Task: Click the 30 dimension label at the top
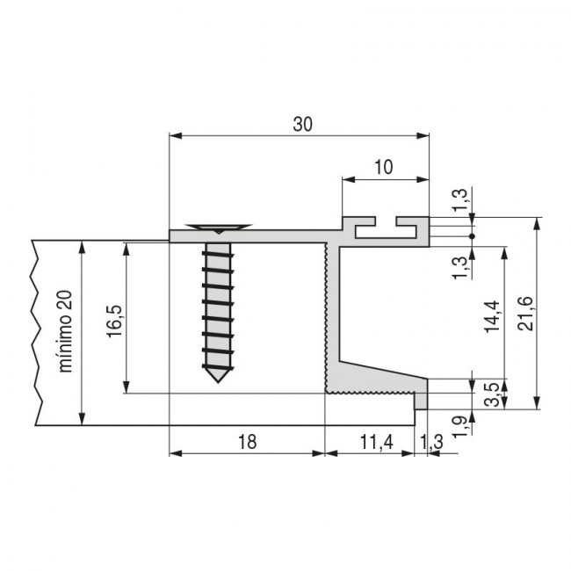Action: point(302,125)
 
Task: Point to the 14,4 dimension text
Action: point(492,317)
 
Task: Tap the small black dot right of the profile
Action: point(473,236)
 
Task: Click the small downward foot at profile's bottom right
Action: point(422,401)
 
